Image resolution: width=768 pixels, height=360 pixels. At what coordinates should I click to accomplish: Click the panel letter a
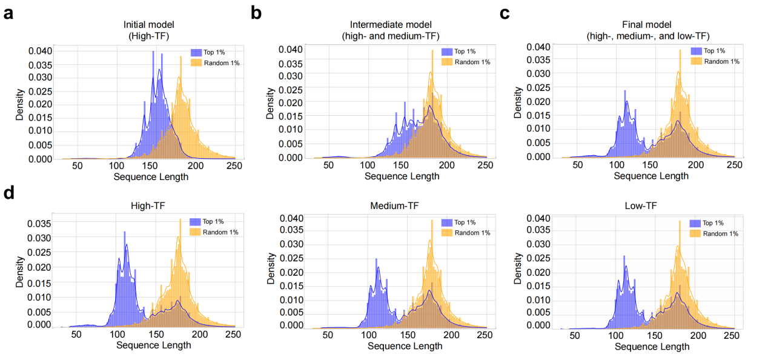(x=8, y=14)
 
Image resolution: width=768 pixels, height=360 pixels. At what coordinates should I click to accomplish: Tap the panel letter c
(x=505, y=14)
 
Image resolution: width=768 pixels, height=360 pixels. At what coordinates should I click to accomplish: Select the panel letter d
(x=9, y=193)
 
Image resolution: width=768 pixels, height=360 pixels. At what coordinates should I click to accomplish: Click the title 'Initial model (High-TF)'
(x=149, y=30)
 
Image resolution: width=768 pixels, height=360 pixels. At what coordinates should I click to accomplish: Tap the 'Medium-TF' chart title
(x=394, y=206)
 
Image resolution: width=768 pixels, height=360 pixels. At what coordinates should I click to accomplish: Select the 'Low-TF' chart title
(x=641, y=206)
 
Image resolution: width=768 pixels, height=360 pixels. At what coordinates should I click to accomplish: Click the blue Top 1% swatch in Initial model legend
(x=196, y=53)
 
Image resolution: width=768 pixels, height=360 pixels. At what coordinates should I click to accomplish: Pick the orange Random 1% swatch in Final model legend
(x=696, y=61)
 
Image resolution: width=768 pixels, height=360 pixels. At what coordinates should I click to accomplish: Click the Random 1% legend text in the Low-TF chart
(x=721, y=234)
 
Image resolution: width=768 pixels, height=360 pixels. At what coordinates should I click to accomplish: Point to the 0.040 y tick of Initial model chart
(x=40, y=51)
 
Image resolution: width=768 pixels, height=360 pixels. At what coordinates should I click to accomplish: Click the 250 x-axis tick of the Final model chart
(x=735, y=165)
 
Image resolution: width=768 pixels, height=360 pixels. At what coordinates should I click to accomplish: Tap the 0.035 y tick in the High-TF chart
(x=39, y=224)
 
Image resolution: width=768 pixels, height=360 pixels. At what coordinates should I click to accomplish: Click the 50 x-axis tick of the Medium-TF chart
(x=328, y=335)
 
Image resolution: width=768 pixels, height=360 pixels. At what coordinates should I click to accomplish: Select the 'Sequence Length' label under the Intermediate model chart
(x=402, y=176)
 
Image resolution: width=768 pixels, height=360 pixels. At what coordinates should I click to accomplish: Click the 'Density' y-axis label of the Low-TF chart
(x=517, y=268)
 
